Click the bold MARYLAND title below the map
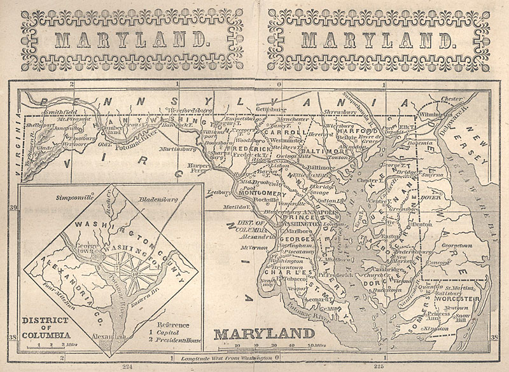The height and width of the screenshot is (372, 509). [263, 334]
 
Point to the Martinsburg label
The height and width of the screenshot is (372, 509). [167, 149]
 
